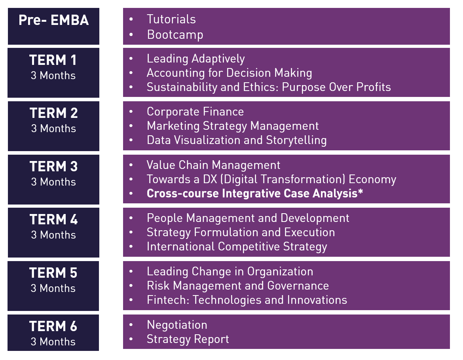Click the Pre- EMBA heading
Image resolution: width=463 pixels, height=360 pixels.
click(53, 20)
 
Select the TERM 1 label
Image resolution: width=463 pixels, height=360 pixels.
click(53, 60)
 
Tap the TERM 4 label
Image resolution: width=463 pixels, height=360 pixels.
click(53, 220)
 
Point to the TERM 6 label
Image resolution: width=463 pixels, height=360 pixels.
click(53, 326)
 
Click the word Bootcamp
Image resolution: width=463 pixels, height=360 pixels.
click(175, 35)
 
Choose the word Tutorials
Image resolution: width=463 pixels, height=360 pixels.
click(171, 19)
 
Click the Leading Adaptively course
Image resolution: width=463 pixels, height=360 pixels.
click(196, 59)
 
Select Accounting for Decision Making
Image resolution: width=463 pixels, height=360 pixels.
click(230, 73)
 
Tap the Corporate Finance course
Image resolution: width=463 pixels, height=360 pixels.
click(195, 112)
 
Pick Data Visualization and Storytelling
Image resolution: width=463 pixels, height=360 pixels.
click(237, 140)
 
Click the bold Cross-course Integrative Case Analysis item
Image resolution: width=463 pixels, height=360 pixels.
click(255, 193)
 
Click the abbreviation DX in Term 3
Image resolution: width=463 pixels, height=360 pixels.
click(210, 180)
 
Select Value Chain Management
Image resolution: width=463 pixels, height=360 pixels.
click(213, 165)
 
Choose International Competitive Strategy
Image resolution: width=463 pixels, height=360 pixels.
click(237, 247)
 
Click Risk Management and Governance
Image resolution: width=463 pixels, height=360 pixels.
click(238, 286)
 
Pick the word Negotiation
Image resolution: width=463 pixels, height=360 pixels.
click(177, 325)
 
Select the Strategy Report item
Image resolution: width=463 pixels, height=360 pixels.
click(188, 339)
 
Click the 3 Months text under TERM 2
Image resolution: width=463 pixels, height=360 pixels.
click(53, 129)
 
